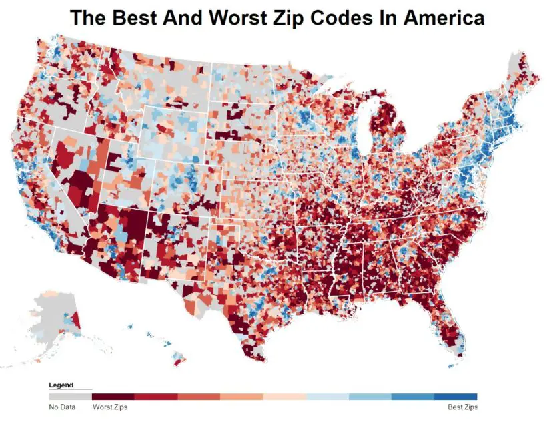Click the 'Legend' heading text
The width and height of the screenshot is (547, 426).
(61, 385)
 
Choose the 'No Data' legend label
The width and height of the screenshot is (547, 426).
(61, 407)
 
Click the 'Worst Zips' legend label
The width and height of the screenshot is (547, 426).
(110, 407)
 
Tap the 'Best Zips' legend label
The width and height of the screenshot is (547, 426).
(461, 407)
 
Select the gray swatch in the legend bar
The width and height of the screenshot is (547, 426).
(70, 396)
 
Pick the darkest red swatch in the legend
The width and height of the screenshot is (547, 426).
(113, 396)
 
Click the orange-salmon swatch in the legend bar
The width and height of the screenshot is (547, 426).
(241, 396)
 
